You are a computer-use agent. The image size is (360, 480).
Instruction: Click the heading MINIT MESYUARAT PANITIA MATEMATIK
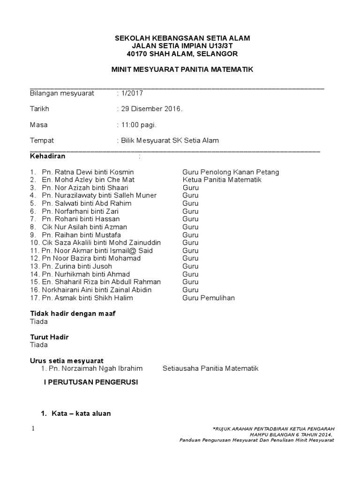pos(182,69)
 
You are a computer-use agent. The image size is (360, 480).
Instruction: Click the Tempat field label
pos(42,140)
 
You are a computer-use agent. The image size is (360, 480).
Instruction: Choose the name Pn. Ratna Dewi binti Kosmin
pos(88,172)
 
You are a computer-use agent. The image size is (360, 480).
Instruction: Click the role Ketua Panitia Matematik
pos(222,180)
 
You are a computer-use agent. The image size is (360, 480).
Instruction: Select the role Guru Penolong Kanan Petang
pos(231,172)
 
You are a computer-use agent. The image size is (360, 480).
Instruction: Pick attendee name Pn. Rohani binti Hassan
pos(81,219)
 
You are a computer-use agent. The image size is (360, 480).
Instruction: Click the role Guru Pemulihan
pos(209,298)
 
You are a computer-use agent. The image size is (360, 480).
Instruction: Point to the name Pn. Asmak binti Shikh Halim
pos(87,298)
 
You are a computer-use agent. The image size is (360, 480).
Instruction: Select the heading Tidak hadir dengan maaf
pos(73,313)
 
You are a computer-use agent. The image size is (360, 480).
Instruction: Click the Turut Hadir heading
pos(49,337)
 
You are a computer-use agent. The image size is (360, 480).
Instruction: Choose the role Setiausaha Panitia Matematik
pos(210,368)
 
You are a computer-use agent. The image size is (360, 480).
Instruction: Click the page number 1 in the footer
pos(33,428)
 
